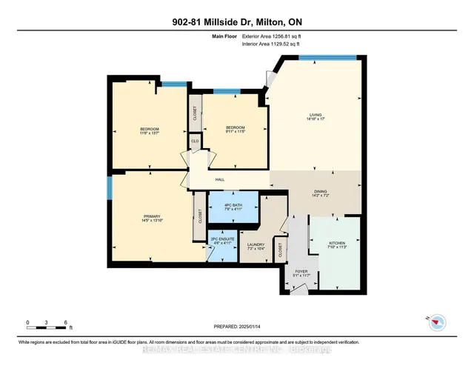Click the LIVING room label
316,115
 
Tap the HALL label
220,179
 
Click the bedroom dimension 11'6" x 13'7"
150,133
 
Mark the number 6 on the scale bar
67,322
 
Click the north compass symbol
438,321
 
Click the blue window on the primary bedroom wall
109,187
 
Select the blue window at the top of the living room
338,57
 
